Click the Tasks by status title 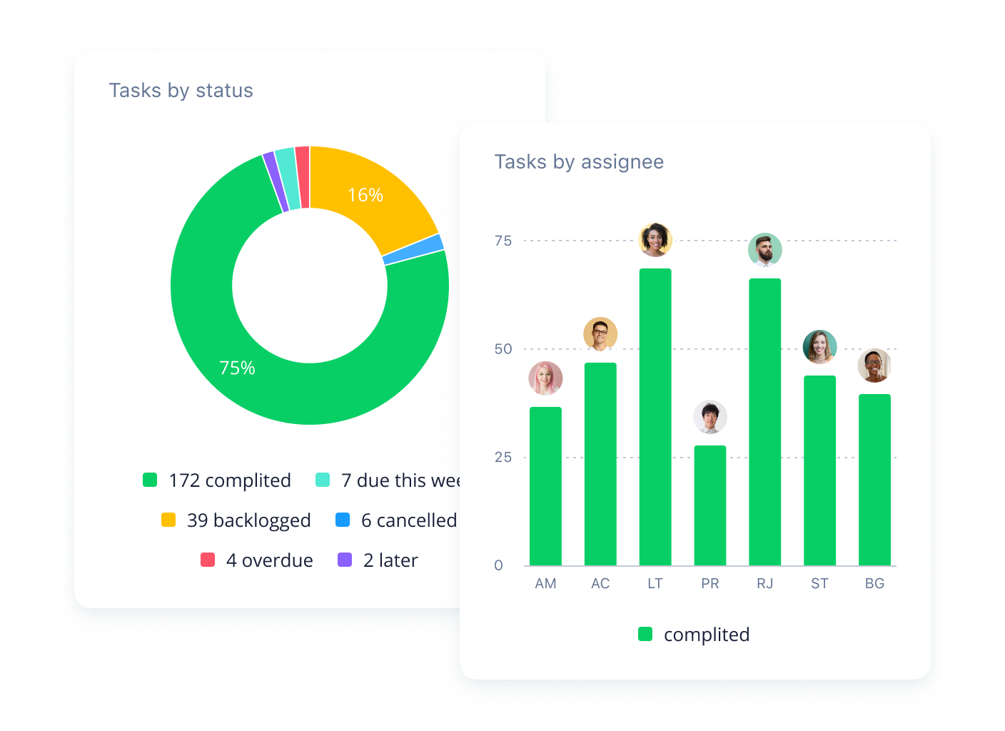(x=181, y=91)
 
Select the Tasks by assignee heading (x=579, y=162)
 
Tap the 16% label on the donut (x=365, y=195)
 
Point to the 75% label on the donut (x=237, y=368)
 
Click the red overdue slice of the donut (x=303, y=177)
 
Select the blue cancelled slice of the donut (x=413, y=249)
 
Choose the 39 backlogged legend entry (x=236, y=520)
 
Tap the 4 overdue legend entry (x=257, y=560)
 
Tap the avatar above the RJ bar (x=765, y=250)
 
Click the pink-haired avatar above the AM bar (x=545, y=378)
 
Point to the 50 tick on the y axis (x=503, y=349)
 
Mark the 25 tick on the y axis (x=503, y=457)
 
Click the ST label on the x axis (x=819, y=583)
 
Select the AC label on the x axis (x=600, y=583)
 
